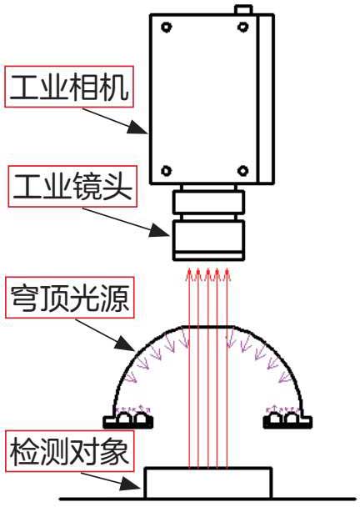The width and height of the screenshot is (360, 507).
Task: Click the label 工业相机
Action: [69, 87]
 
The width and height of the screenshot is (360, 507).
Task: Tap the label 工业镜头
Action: [72, 187]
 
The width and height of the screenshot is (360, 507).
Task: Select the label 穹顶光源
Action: [70, 298]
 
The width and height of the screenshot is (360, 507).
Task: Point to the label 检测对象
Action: [68, 451]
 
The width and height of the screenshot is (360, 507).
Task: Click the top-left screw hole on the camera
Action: [166, 28]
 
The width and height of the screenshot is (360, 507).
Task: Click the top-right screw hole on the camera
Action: [242, 27]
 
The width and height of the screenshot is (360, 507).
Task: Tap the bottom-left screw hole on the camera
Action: [166, 170]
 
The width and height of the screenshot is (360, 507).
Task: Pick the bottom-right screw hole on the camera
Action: [242, 170]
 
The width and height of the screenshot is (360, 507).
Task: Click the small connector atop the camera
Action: [244, 10]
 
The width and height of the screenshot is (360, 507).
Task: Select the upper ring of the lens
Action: [208, 203]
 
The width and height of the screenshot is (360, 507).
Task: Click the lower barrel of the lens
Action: [208, 240]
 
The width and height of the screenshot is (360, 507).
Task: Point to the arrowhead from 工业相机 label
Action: [137, 127]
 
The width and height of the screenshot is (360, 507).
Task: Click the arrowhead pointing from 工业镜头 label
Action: [160, 230]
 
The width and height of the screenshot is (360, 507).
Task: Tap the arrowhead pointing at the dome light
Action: [125, 344]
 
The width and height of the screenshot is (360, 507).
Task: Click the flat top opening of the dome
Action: [208, 327]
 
